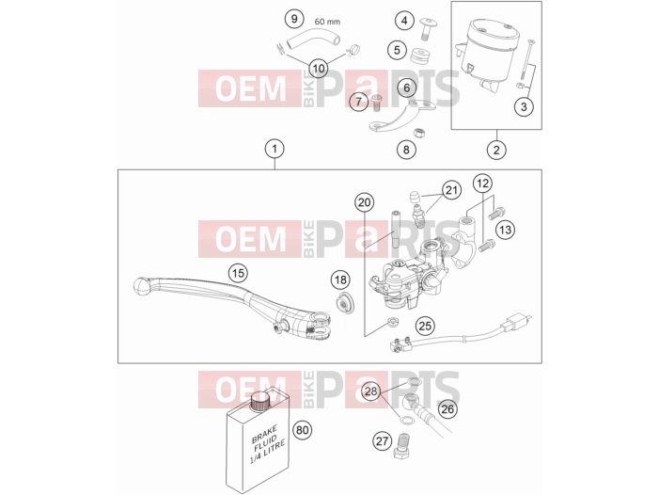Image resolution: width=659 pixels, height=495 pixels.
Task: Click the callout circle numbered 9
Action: click(294, 19)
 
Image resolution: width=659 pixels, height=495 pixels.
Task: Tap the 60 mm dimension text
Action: click(327, 22)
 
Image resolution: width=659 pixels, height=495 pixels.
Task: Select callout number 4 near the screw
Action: click(404, 20)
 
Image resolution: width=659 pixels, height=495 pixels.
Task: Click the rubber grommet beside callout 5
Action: click(420, 56)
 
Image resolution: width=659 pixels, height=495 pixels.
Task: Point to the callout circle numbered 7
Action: click(358, 102)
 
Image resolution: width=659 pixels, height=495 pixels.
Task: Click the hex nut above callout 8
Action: click(418, 133)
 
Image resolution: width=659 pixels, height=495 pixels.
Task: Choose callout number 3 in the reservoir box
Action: click(524, 106)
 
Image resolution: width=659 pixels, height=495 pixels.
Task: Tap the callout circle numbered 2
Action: click(496, 150)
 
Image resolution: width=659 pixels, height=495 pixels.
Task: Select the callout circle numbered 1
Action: click(275, 149)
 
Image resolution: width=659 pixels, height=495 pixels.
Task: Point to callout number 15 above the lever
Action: click(238, 273)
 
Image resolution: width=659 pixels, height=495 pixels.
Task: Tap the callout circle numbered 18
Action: click(340, 280)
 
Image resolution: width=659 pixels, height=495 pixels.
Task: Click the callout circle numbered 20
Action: click(364, 202)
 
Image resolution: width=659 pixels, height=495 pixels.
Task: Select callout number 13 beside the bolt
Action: click(505, 230)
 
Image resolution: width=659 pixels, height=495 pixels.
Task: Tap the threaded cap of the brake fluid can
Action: click(260, 400)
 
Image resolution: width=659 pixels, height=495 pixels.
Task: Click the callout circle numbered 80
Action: click(303, 430)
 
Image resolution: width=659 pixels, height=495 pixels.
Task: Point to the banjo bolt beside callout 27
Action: click(403, 446)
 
